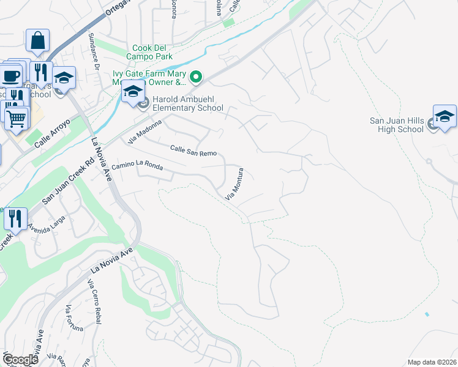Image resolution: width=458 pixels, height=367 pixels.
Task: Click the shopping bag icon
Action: tap(37, 40)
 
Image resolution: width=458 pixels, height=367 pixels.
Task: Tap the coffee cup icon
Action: tap(10, 75)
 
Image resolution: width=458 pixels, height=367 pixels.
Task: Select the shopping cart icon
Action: tap(17, 117)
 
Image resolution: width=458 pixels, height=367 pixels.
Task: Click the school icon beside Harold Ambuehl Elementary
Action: tap(133, 92)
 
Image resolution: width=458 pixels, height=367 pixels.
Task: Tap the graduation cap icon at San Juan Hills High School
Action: tap(445, 116)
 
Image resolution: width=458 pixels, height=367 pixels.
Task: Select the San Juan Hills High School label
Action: tap(396, 125)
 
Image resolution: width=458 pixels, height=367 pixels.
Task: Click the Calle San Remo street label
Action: tap(193, 149)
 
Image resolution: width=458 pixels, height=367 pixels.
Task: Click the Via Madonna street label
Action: tap(145, 132)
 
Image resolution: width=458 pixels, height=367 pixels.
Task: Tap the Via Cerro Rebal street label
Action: tap(94, 301)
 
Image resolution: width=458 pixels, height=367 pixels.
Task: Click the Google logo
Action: tap(20, 360)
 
